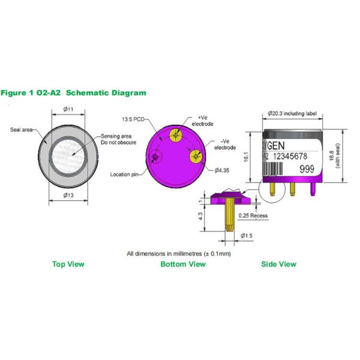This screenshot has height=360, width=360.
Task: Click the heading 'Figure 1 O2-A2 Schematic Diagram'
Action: click(73, 93)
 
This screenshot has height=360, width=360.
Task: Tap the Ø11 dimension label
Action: click(69, 109)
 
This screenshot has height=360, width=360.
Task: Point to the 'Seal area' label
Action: click(22, 130)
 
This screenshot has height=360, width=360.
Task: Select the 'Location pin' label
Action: click(124, 175)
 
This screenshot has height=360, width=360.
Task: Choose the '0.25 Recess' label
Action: click(253, 215)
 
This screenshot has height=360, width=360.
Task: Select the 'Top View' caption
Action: click(68, 264)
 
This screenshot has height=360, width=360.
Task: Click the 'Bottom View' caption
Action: click(183, 264)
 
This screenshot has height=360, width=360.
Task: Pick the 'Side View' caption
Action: click(278, 264)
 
